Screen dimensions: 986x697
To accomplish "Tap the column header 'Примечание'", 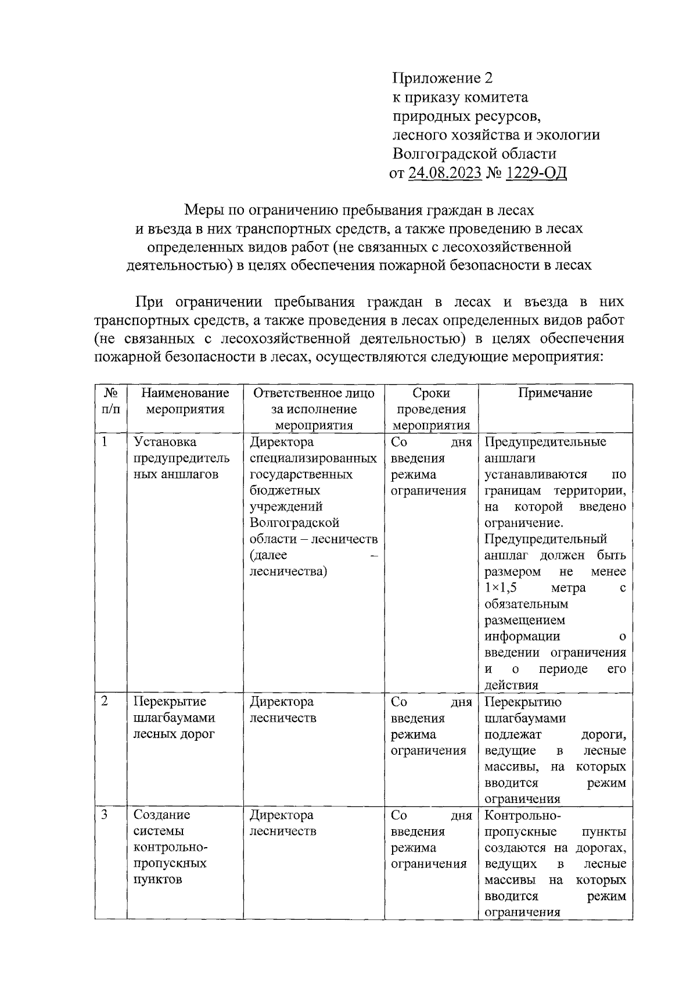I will click(x=555, y=393).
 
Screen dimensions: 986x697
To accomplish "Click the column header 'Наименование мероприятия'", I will click(x=185, y=401).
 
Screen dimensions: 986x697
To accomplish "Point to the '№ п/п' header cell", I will click(x=111, y=401).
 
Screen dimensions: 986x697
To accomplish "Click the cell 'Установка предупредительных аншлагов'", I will click(x=181, y=458).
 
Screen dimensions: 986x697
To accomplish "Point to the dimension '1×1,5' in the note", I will click(x=500, y=588).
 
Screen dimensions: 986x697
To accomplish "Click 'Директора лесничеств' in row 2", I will click(x=283, y=709).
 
